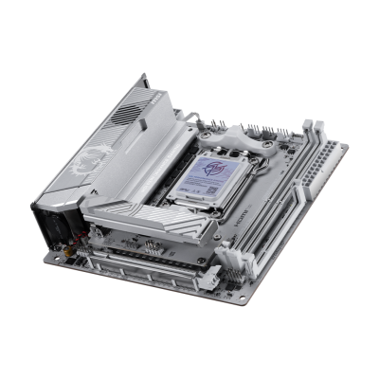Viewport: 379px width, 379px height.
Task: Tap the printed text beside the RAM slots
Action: point(266,220)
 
